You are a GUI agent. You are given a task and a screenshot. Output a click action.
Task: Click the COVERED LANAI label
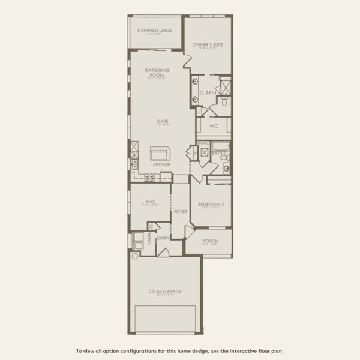coord(155,30)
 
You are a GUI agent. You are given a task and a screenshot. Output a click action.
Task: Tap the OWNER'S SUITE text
coord(208,44)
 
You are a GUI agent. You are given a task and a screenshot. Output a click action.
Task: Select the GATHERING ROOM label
coord(157,73)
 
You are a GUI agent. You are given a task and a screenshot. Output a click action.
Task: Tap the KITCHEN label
coord(161,164)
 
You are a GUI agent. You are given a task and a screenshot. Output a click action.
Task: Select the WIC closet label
coord(213,127)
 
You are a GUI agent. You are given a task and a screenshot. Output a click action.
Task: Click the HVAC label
coord(203,143)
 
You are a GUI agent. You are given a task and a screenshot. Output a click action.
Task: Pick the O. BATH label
coord(208,92)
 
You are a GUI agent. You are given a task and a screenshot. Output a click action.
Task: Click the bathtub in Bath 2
coord(220,146)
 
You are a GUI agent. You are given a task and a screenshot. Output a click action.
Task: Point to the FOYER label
coord(181,211)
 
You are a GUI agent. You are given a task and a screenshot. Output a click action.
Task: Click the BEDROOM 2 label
coord(211,205)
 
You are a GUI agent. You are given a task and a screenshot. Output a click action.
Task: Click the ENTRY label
coord(163,238)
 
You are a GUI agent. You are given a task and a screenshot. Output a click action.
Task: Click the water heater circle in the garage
coord(136,256)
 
